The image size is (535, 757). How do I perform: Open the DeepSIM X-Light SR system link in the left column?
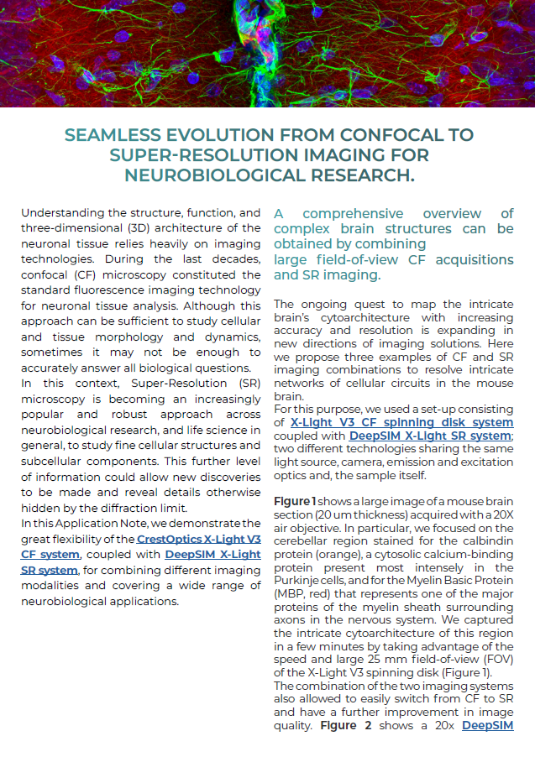point(212,555)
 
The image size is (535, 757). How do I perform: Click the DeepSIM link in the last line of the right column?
point(487,725)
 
